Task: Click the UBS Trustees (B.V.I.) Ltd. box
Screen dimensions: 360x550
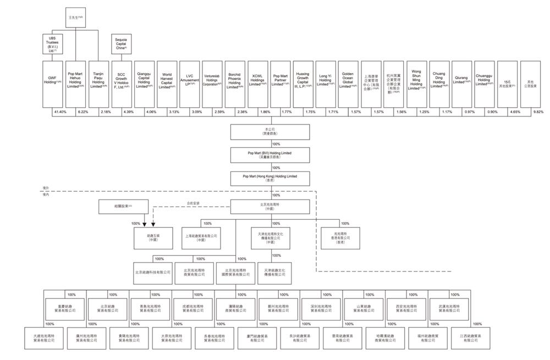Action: point(53,43)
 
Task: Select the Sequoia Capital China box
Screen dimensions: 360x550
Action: point(121,43)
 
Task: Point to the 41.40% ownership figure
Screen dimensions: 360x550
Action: point(60,112)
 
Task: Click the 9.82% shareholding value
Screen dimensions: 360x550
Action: point(538,112)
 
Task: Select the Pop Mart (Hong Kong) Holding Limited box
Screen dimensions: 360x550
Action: point(269,179)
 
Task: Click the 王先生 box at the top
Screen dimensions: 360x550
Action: point(76,17)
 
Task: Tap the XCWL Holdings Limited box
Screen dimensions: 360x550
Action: point(257,83)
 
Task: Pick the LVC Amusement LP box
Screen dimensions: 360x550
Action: point(190,83)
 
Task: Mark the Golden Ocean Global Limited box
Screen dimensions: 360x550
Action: point(348,83)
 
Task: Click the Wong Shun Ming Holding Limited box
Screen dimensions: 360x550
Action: point(416,83)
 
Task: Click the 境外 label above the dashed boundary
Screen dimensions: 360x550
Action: point(46,187)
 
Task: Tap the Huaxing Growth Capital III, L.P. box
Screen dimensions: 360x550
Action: point(302,83)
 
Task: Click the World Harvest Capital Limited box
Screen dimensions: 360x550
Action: point(167,83)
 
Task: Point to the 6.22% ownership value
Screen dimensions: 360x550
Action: point(83,112)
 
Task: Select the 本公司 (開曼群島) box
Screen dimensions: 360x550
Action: point(268,132)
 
